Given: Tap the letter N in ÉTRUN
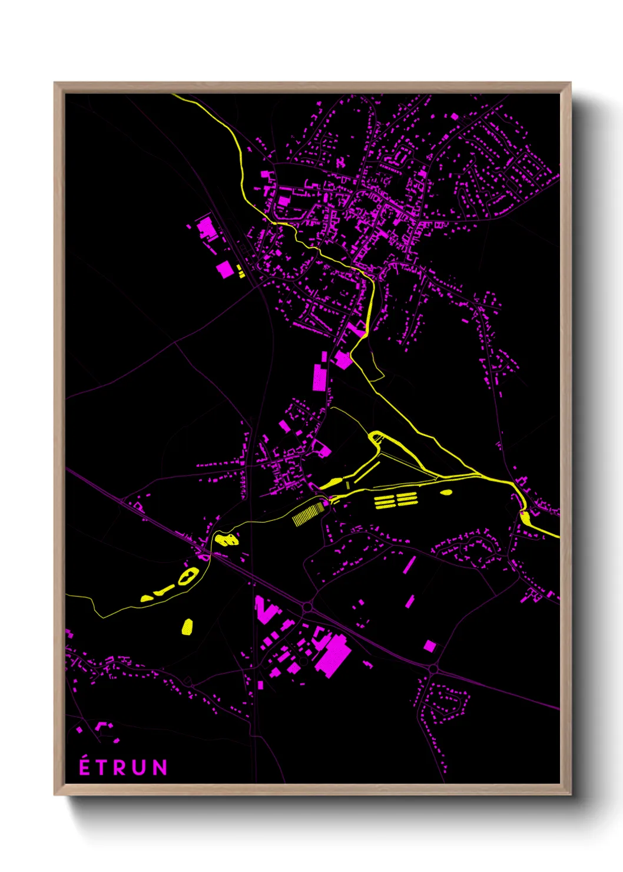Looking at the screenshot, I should click(x=160, y=767).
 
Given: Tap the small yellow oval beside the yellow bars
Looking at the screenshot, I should click(x=446, y=492).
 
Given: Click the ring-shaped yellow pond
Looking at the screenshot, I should click(x=188, y=576).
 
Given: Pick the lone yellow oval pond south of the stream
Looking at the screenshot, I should click(x=187, y=626).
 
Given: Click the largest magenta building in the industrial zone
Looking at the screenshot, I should click(x=333, y=653).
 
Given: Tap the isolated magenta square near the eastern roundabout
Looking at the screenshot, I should click(x=430, y=646).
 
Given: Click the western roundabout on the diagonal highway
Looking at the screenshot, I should click(x=307, y=606).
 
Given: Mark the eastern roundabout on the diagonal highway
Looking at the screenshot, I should click(x=433, y=669).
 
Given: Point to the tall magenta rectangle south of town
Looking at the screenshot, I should click(x=319, y=377).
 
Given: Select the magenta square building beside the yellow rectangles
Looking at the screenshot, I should click(x=224, y=269).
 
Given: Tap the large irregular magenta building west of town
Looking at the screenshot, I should click(x=207, y=228).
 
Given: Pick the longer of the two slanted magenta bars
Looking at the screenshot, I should click(x=409, y=564).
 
